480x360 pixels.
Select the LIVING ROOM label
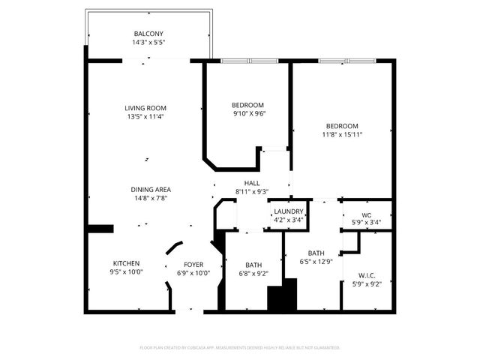coord(145,108)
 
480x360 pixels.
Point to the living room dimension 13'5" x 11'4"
coord(145,117)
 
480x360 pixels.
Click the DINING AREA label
coord(151,189)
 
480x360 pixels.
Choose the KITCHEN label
coord(127,263)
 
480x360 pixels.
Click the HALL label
coord(252,183)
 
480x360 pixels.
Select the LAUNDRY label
coord(288,211)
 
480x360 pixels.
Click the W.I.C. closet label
coord(367,275)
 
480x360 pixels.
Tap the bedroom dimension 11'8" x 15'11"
coord(342,135)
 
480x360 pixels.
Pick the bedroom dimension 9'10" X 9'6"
coord(247,113)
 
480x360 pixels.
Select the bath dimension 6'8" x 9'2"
coord(253,273)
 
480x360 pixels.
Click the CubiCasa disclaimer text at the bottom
coord(240,347)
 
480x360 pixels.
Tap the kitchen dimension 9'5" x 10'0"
coord(127,272)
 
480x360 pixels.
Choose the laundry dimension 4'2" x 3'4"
coord(288,220)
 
